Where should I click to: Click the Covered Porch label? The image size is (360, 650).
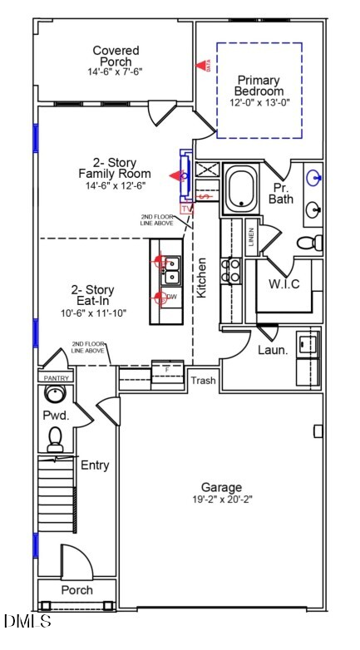point(116,52)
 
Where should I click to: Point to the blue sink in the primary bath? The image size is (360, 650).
point(314,177)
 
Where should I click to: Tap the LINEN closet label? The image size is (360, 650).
point(250,238)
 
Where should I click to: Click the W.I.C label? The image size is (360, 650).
point(284,284)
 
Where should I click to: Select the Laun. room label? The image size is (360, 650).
point(273,351)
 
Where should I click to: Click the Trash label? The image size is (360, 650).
point(204,381)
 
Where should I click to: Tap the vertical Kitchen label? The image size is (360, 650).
point(201,278)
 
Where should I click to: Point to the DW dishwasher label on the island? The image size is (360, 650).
point(171,297)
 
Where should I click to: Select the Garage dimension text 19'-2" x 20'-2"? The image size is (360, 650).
point(221,500)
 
